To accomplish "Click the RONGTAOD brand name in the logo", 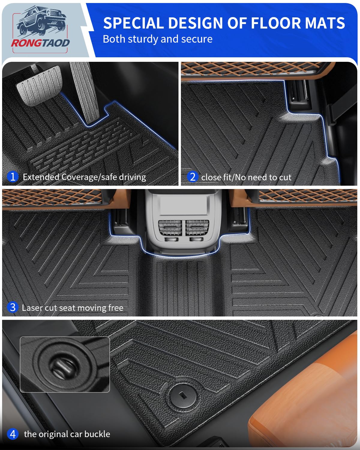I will click(40, 43).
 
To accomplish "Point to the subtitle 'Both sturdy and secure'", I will click(157, 39).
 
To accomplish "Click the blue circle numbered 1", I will click(13, 176).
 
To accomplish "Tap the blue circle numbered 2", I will click(193, 176).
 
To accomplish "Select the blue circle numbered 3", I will click(13, 307).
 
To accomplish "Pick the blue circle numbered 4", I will click(13, 434).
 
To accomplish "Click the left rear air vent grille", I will click(170, 227).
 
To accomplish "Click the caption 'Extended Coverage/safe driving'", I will click(84, 177).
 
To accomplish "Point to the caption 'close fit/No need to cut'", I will click(246, 177).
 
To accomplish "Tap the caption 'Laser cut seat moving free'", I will click(73, 308).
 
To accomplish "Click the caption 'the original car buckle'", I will click(67, 434).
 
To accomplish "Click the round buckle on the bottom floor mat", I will click(182, 397).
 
